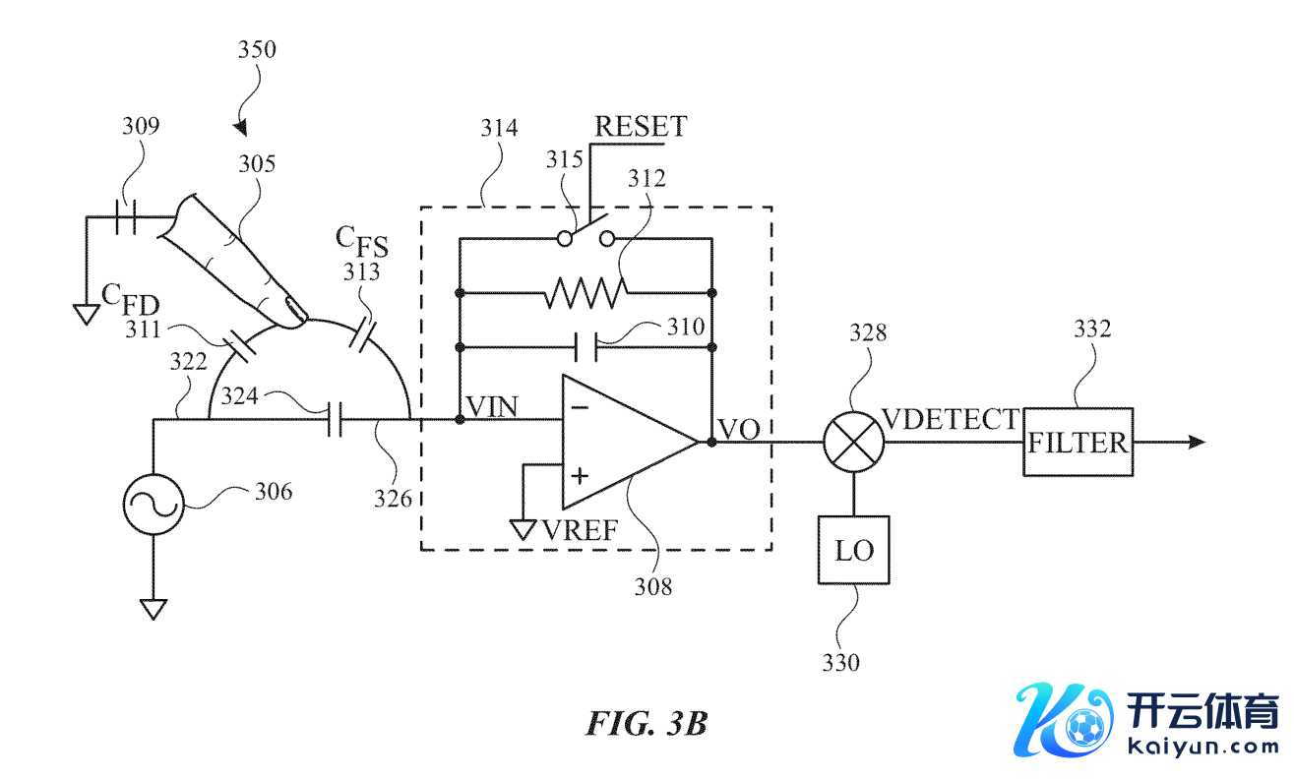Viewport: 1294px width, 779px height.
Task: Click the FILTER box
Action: coord(1078,442)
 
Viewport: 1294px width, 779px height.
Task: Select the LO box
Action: coord(853,550)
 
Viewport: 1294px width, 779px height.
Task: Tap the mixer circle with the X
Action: coord(853,442)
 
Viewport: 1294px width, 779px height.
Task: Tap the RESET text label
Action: coord(641,127)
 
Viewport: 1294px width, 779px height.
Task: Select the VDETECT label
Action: coord(951,419)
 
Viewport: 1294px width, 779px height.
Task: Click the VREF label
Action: coord(580,532)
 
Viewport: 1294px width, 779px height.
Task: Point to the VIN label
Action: coord(492,406)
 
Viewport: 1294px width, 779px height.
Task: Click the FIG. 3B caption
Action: coord(647,724)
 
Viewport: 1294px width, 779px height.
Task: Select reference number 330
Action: coord(840,662)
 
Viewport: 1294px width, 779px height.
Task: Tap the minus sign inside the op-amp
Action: coord(580,406)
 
